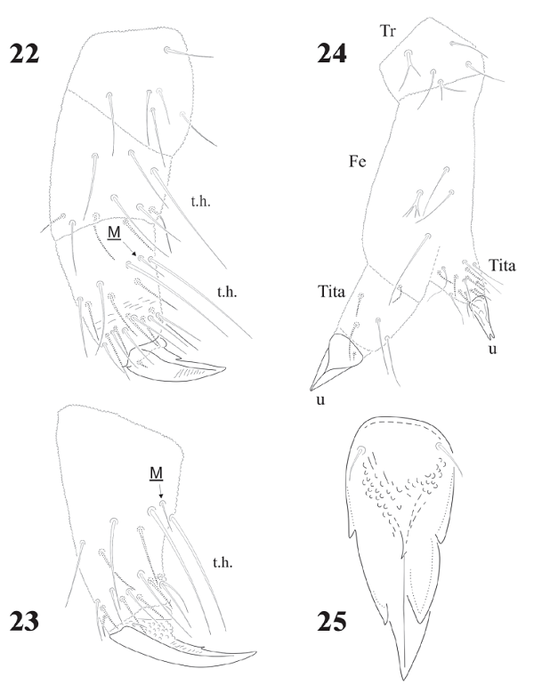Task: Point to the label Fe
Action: tap(359, 160)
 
